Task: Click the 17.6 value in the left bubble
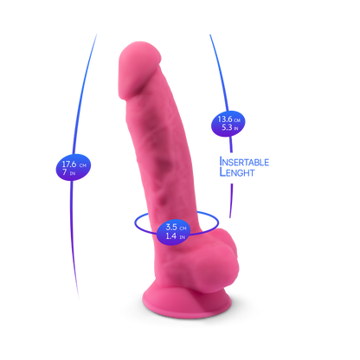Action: point(69,164)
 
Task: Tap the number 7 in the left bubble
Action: point(65,172)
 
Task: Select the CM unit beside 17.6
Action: point(83,165)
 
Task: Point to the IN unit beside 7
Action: point(73,174)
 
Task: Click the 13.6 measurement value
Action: point(225,119)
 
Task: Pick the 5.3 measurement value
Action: point(227,127)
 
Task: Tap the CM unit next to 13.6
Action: point(237,120)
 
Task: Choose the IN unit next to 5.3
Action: point(236,128)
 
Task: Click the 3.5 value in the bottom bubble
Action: point(171,227)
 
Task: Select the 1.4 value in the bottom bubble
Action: point(170,235)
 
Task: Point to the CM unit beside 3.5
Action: point(183,228)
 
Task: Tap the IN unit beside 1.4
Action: point(182,237)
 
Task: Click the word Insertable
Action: point(244,162)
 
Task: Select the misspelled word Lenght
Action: point(237,172)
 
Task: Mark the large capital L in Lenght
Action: point(222,172)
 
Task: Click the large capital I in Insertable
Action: point(221,162)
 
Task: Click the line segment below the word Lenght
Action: point(231,201)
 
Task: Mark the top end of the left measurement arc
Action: point(96,35)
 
